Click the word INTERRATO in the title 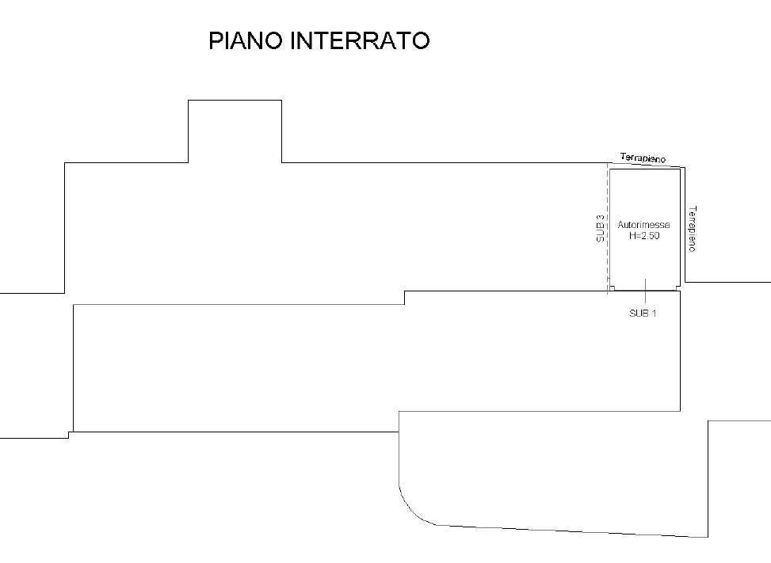click(x=360, y=41)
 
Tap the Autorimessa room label click(x=643, y=225)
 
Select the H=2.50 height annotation click(x=643, y=236)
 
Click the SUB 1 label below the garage click(x=643, y=314)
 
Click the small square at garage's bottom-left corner click(x=612, y=288)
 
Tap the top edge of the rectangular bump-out click(x=235, y=101)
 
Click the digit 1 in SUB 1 click(x=654, y=314)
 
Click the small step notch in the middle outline click(x=405, y=298)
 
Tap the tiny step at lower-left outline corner click(x=70, y=434)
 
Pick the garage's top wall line click(x=643, y=169)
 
